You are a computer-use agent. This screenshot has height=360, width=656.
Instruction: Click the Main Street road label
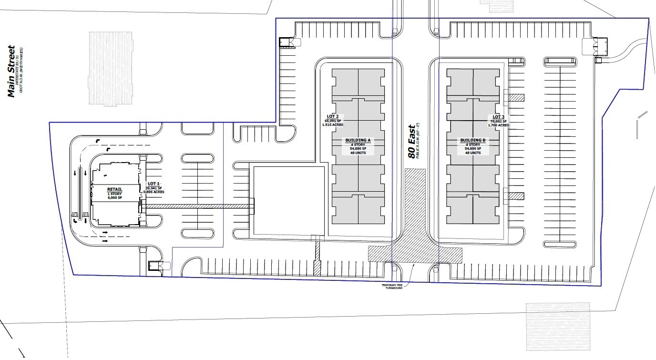pyautogui.click(x=12, y=71)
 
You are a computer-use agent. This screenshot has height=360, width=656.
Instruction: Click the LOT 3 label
pyautogui.click(x=498, y=117)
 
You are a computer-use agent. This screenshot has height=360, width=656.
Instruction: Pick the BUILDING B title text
pyautogui.click(x=472, y=141)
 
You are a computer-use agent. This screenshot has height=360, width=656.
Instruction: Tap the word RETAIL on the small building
pyautogui.click(x=114, y=189)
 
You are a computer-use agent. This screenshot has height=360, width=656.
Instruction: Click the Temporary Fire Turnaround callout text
pyautogui.click(x=391, y=287)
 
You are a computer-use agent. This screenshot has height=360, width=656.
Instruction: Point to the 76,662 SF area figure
pyautogui.click(x=498, y=121)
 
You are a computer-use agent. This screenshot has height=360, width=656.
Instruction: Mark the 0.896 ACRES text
pyautogui.click(x=155, y=192)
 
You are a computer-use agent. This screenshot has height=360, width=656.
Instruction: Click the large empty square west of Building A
pyautogui.click(x=287, y=200)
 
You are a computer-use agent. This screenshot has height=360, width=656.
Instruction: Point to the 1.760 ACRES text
pyautogui.click(x=498, y=125)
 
